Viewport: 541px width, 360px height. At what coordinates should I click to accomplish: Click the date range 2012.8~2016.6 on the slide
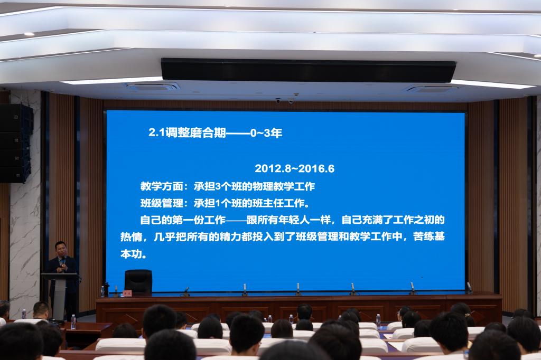pyautogui.click(x=295, y=168)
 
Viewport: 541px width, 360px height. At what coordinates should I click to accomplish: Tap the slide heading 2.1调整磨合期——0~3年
pyautogui.click(x=216, y=133)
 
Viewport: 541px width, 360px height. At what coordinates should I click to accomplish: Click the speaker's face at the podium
pyautogui.click(x=61, y=249)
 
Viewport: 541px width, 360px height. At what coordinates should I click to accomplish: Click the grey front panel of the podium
pyautogui.click(x=59, y=298)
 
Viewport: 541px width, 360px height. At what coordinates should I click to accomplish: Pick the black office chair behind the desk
pyautogui.click(x=138, y=282)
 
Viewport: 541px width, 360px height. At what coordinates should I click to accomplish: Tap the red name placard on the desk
pyautogui.click(x=127, y=293)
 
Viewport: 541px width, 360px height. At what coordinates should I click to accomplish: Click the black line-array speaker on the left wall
pyautogui.click(x=15, y=143)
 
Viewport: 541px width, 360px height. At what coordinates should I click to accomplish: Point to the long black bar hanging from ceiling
pyautogui.click(x=308, y=71)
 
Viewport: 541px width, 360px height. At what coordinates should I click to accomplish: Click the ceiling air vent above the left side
pyautogui.click(x=153, y=86)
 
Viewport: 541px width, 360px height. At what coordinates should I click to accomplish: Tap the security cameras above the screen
pyautogui.click(x=285, y=101)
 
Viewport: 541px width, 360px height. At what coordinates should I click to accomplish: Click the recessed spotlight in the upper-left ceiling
pyautogui.click(x=29, y=34)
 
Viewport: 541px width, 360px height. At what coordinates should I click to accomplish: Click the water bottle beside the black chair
pyautogui.click(x=102, y=291)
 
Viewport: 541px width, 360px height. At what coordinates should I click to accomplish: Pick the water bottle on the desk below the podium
pyautogui.click(x=73, y=321)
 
